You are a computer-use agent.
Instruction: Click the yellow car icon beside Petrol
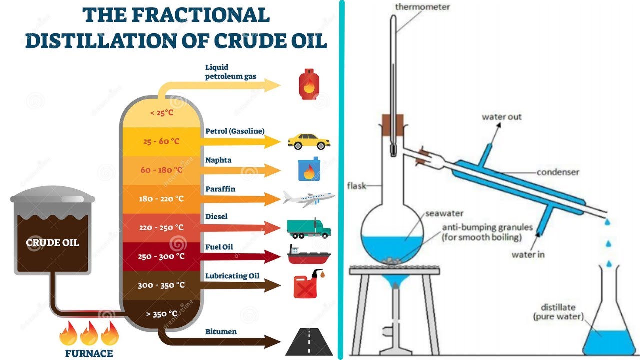coord(309,141)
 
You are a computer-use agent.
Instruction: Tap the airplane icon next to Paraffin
coord(308,198)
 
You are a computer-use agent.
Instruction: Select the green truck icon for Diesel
coord(309,228)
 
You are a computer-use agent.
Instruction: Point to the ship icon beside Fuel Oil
coord(309,255)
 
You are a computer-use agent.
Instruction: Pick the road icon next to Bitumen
coord(309,341)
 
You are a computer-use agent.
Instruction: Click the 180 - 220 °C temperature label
coord(161,199)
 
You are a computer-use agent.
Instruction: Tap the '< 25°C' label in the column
coord(161,112)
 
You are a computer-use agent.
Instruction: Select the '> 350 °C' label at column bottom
coord(161,314)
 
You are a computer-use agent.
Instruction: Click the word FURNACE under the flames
coord(89,354)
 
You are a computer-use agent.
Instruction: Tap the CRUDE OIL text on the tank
coord(52,243)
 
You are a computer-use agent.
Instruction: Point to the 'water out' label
coord(501,117)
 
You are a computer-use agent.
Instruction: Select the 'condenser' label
coord(558,172)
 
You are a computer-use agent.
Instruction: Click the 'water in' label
coord(528,255)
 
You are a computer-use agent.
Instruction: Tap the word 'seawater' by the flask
coord(441,214)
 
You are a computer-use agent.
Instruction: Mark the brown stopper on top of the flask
coord(393,123)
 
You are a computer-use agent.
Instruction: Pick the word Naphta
coord(218,160)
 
